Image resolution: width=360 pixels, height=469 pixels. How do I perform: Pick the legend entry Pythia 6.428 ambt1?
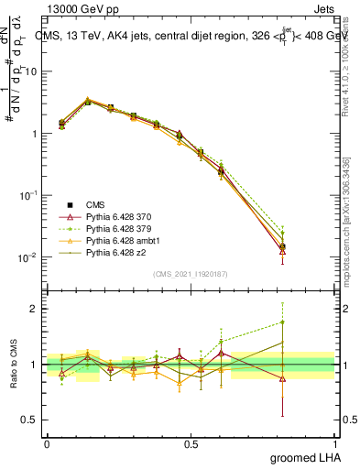[123, 240]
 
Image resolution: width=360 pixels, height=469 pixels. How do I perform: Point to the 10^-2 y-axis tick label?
[26, 257]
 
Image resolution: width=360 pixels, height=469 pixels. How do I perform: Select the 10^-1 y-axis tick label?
[26, 195]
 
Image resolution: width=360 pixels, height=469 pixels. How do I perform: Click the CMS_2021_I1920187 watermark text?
[190, 274]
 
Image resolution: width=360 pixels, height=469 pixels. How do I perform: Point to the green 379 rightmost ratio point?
[282, 322]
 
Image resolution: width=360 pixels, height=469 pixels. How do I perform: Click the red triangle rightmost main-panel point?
[282, 251]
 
